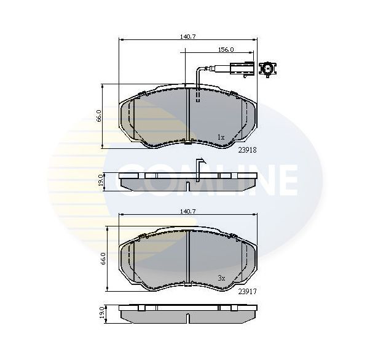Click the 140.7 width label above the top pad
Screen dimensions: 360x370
[x=188, y=37]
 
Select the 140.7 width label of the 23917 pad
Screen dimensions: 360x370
[x=188, y=211]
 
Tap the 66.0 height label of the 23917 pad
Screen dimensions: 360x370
[x=105, y=258]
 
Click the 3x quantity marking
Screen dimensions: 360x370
[x=222, y=278]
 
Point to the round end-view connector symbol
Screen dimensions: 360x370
[x=269, y=70]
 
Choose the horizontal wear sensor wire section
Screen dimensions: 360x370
[x=215, y=70]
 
